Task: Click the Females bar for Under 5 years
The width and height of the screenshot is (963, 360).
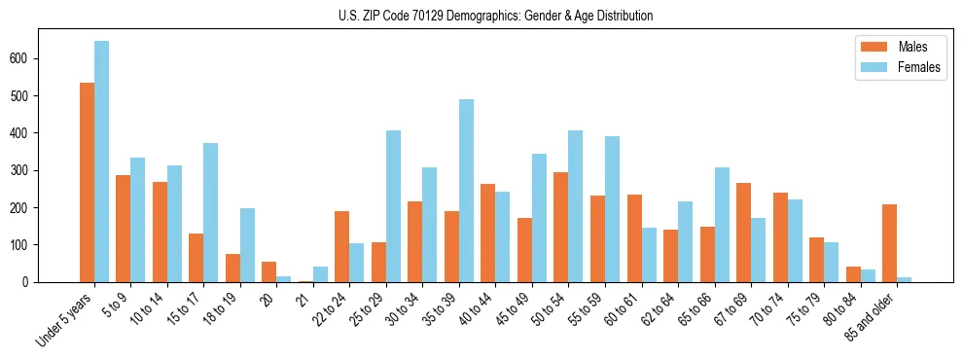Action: click(x=101, y=162)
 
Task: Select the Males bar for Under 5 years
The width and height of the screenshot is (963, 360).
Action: click(x=87, y=183)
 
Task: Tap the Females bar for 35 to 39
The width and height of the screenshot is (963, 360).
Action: click(x=466, y=191)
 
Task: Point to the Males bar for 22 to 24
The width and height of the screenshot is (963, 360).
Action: click(x=341, y=246)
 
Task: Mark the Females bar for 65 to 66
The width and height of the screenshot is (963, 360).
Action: click(x=722, y=225)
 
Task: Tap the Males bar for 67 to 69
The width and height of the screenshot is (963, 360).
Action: click(x=743, y=233)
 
